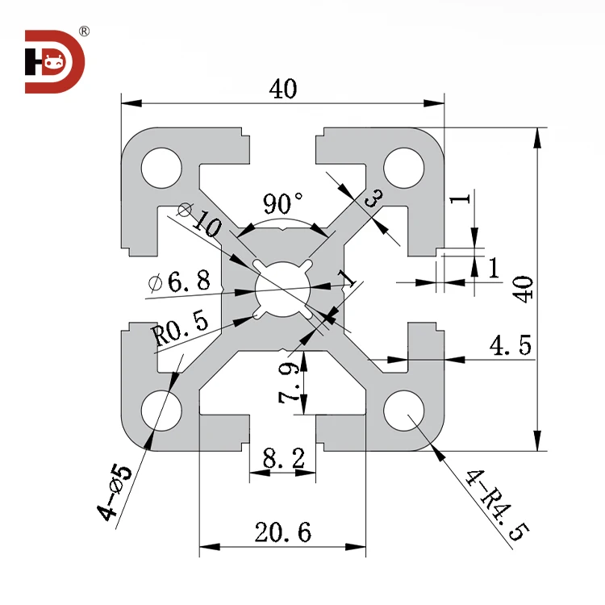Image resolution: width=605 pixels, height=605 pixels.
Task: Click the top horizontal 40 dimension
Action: [283, 90]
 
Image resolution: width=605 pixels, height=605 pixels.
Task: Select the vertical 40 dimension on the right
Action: [524, 288]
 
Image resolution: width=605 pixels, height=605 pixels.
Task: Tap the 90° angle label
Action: [282, 200]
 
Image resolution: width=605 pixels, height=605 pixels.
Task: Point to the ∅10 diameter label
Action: [198, 219]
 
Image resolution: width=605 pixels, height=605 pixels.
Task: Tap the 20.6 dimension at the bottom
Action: [282, 532]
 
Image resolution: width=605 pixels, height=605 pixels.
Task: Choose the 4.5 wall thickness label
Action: [510, 346]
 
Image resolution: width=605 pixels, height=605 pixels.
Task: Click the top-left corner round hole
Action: [161, 168]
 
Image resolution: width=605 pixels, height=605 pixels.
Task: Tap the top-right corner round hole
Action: [403, 168]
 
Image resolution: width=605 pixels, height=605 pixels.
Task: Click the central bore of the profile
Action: [282, 289]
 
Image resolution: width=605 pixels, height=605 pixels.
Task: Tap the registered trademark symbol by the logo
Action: [84, 31]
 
